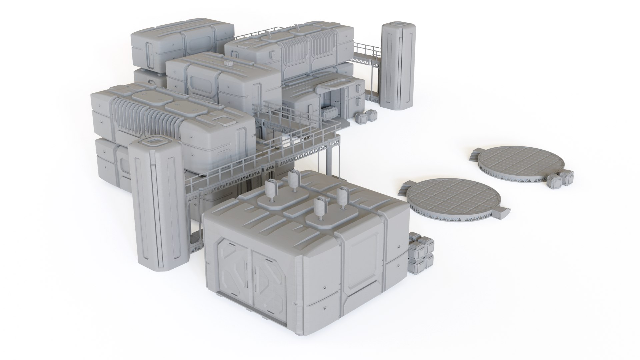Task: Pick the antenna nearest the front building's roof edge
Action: [320, 209]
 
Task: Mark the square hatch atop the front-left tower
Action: [153, 142]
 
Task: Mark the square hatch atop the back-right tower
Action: [398, 24]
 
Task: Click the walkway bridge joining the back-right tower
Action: [367, 53]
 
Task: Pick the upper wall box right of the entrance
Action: [360, 89]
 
